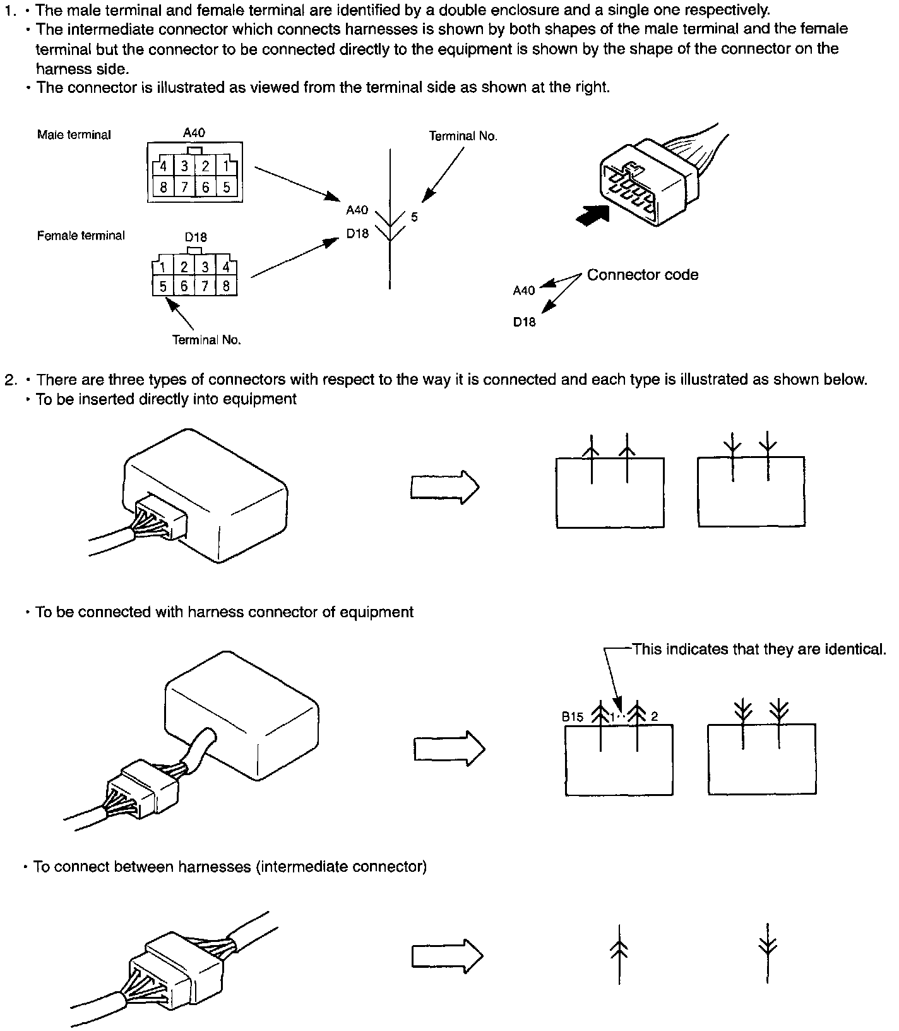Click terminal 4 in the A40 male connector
point(163,167)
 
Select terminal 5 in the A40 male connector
point(226,187)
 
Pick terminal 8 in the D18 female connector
point(226,286)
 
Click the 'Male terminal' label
point(74,135)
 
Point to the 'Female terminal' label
point(81,236)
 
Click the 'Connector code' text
point(642,275)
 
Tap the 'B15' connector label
point(572,717)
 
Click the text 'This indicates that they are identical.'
point(759,649)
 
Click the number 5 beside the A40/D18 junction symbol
point(414,217)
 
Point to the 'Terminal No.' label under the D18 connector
point(206,340)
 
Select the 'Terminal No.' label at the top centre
point(463,136)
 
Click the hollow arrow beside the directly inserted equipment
point(445,487)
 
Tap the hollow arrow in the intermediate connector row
point(447,956)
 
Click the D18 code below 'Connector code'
point(524,322)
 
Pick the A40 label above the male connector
point(194,133)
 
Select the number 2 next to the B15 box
point(655,716)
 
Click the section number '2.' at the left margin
point(11,380)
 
